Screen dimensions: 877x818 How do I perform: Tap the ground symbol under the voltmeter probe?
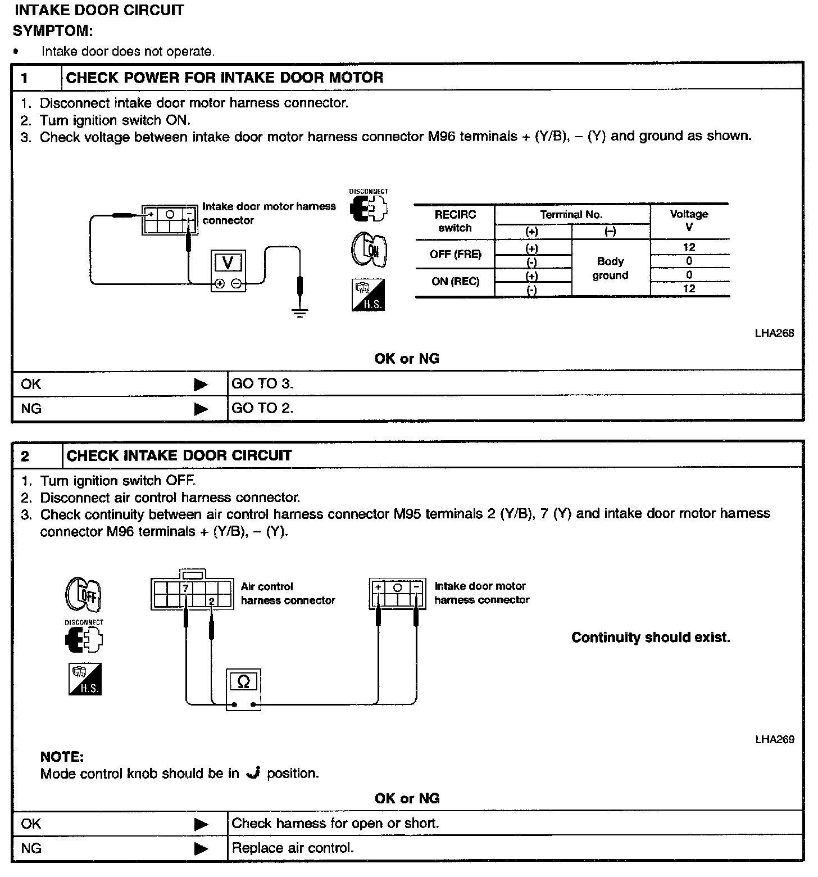pyautogui.click(x=300, y=313)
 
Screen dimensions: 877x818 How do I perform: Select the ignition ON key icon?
pyautogui.click(x=369, y=250)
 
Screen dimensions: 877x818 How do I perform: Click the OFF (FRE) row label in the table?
pyautogui.click(x=455, y=255)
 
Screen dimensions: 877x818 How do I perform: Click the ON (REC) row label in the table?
pyautogui.click(x=455, y=282)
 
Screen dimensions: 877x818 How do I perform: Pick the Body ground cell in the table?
pyautogui.click(x=610, y=268)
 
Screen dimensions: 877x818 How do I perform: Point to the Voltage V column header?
pyautogui.click(x=689, y=220)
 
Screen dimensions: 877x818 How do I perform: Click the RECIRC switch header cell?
pyautogui.click(x=455, y=221)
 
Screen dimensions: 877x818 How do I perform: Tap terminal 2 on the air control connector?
pyautogui.click(x=211, y=602)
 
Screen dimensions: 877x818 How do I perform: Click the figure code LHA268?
pyautogui.click(x=774, y=333)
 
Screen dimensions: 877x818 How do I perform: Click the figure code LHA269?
pyautogui.click(x=774, y=739)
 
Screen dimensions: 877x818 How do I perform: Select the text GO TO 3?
pyautogui.click(x=262, y=384)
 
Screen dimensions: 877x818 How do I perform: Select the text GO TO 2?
pyautogui.click(x=262, y=409)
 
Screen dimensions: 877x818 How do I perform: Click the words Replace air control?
pyautogui.click(x=293, y=848)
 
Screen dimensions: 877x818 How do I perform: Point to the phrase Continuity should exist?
pyautogui.click(x=651, y=638)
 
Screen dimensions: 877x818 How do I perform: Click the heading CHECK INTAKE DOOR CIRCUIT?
pyautogui.click(x=179, y=455)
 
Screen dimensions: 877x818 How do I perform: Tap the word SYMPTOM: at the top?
pyautogui.click(x=53, y=30)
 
